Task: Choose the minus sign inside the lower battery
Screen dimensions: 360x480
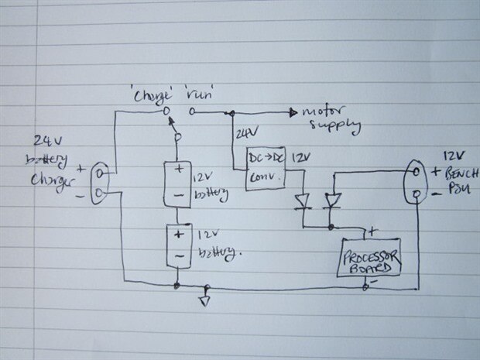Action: [x=178, y=256]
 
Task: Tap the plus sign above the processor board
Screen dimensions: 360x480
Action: [x=372, y=231]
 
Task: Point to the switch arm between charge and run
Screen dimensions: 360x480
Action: [x=173, y=125]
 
